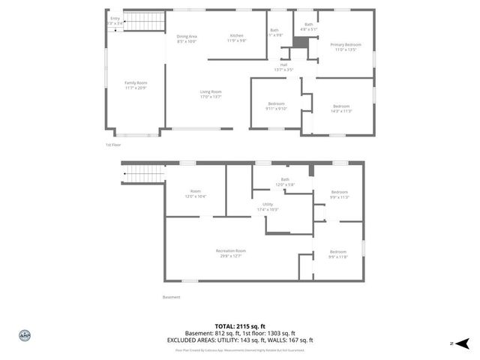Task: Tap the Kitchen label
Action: point(237,38)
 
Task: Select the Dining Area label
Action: point(187,38)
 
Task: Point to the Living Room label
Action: point(211,94)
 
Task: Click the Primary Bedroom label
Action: point(346,46)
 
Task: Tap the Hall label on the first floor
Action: point(283,67)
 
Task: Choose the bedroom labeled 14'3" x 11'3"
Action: point(341,108)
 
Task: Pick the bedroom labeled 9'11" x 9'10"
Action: point(277,106)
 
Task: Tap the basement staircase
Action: point(142,174)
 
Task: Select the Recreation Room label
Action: point(230,253)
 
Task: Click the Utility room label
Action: point(268,206)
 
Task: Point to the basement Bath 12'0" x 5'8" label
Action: point(285,181)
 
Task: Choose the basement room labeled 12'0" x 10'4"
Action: point(196,193)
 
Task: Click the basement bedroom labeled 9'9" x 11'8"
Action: point(338,254)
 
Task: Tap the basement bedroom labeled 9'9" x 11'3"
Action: point(339,194)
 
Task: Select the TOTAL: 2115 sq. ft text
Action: point(240,326)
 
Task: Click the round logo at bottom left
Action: point(24,335)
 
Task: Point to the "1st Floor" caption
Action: point(112,144)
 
